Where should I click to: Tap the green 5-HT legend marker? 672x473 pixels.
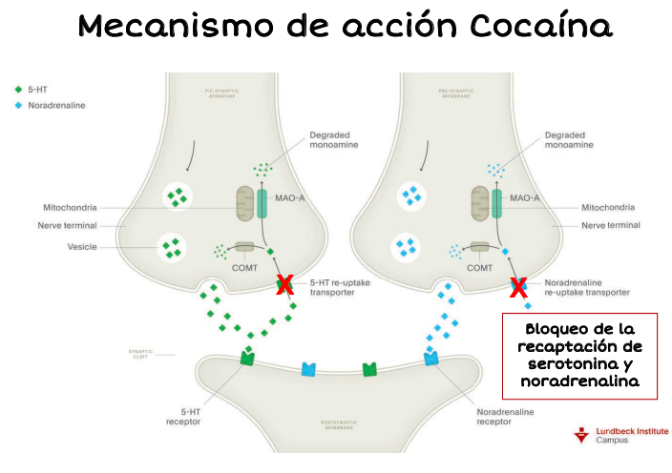(17, 90)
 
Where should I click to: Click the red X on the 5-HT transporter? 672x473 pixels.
(283, 283)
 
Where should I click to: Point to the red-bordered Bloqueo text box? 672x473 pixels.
(579, 356)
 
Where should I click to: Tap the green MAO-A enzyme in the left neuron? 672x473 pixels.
(263, 206)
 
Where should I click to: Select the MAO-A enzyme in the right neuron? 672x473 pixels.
(497, 206)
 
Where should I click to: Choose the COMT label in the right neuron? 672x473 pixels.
(480, 269)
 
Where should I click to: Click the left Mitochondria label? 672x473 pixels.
(71, 207)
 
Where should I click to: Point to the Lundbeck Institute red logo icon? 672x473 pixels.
(580, 435)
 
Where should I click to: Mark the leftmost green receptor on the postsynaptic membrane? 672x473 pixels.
(247, 359)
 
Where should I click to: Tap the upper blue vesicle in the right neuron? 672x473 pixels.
(411, 196)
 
